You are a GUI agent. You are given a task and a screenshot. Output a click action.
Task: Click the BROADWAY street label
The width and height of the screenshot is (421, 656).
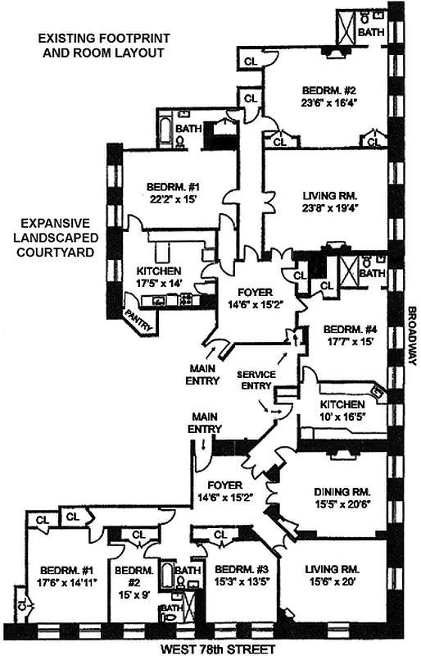pyautogui.click(x=412, y=336)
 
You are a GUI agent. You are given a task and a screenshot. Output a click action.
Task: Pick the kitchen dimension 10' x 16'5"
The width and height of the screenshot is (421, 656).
pyautogui.click(x=343, y=417)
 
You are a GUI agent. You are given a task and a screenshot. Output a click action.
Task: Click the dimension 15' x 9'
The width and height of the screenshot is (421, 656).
pyautogui.click(x=129, y=583)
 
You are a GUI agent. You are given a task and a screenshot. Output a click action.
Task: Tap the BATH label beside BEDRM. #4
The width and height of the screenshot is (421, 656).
pyautogui.click(x=373, y=273)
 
